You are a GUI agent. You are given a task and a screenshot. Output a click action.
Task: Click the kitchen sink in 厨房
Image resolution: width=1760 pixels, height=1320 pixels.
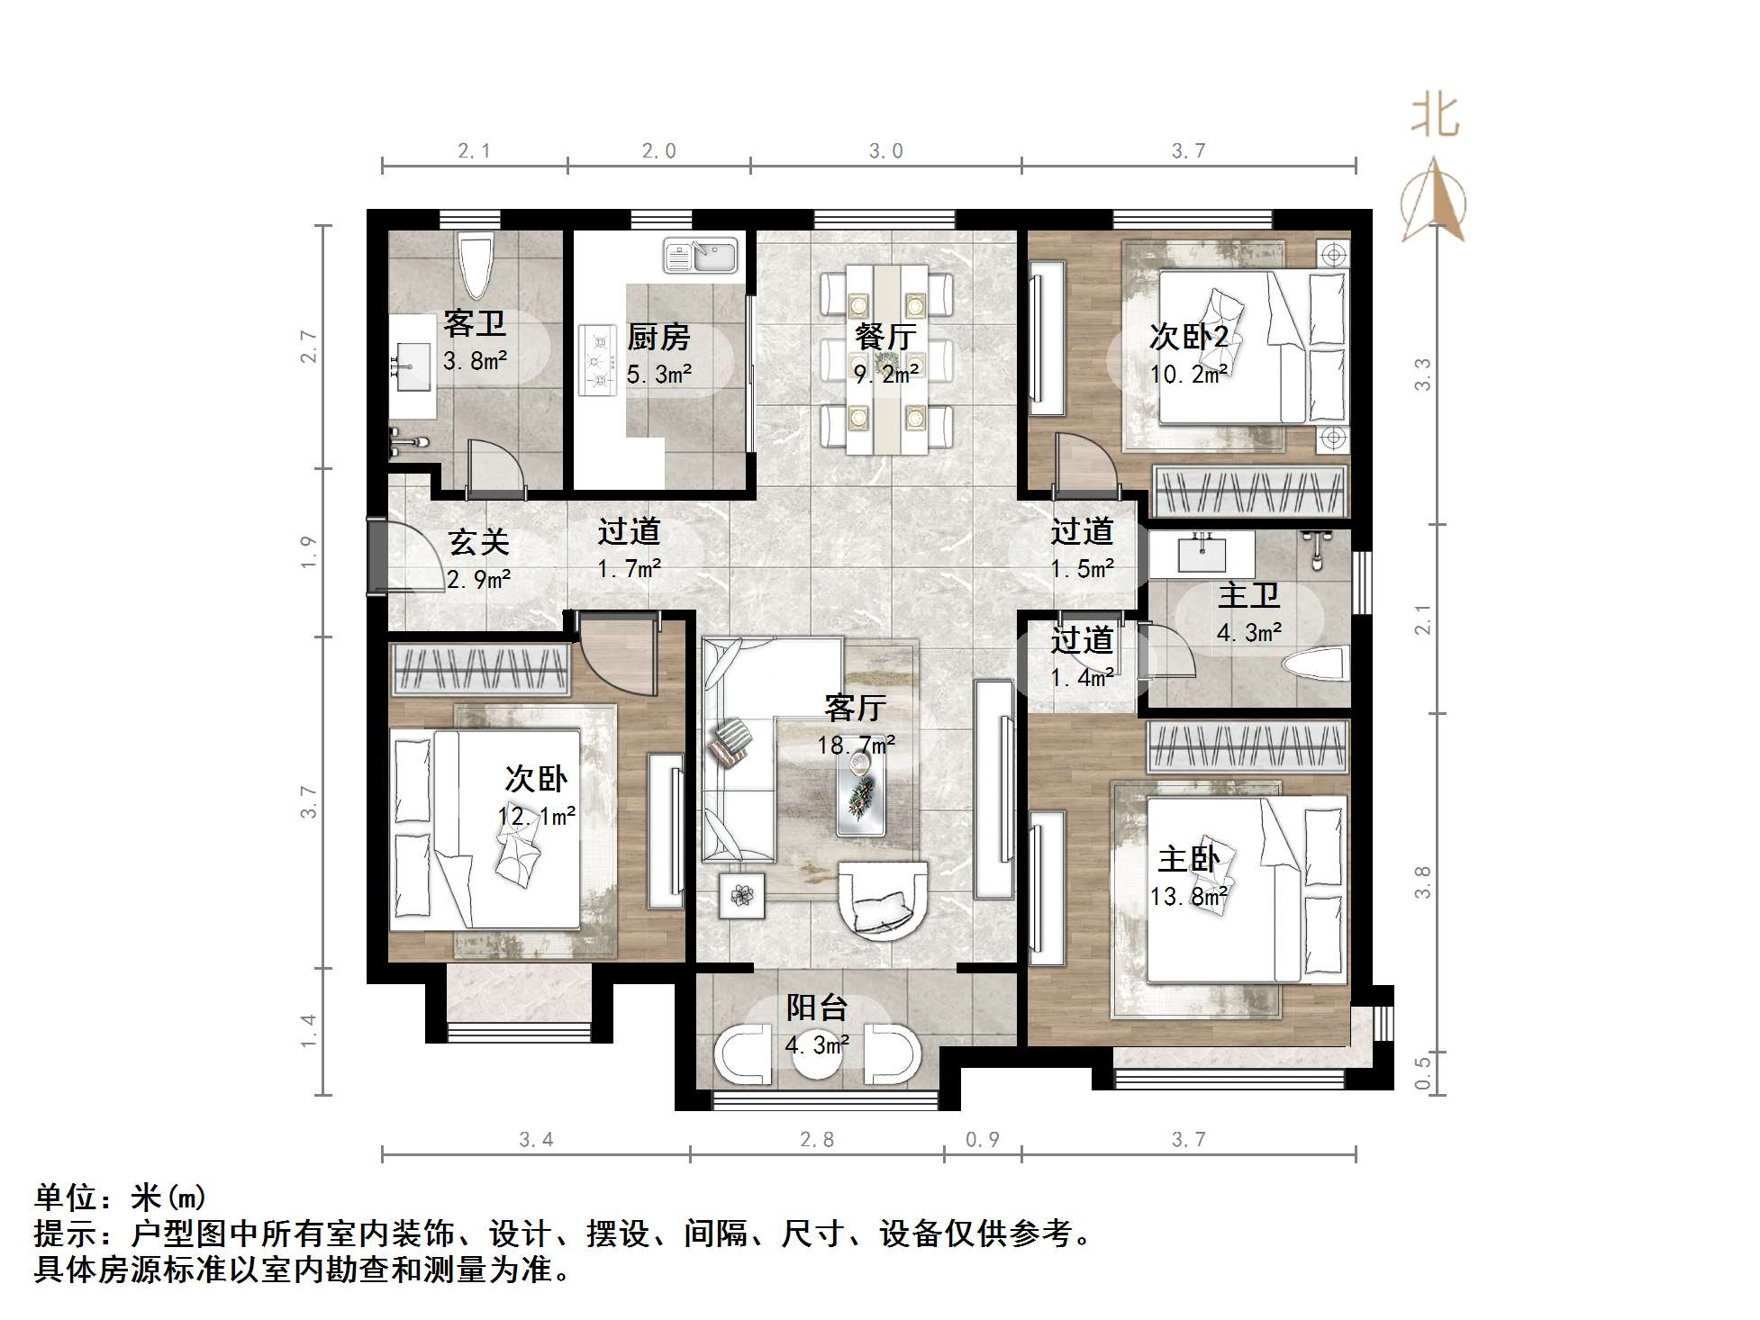(x=701, y=256)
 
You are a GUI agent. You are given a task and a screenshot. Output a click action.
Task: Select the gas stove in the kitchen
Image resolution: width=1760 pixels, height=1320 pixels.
(x=595, y=360)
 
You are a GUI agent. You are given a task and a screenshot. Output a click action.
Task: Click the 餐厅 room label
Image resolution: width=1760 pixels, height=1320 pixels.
(x=885, y=337)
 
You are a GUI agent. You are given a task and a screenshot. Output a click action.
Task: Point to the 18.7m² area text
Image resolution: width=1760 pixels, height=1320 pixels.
(x=856, y=746)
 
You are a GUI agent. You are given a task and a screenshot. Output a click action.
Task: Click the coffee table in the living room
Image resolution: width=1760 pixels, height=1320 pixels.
(x=860, y=791)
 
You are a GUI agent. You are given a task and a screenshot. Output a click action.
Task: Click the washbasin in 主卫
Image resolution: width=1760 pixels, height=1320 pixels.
(x=1202, y=551)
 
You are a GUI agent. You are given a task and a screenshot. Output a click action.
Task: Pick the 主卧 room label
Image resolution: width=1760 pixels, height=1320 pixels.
(x=1189, y=860)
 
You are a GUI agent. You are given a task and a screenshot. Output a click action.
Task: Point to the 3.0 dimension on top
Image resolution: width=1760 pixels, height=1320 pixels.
(x=885, y=151)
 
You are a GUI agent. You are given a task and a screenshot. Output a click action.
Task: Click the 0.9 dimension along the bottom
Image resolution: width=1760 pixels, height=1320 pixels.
(x=983, y=1140)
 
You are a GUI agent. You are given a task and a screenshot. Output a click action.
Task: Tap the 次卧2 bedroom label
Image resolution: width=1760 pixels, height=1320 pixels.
(x=1189, y=338)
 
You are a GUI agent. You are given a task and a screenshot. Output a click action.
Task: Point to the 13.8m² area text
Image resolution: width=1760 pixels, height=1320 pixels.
(x=1189, y=898)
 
